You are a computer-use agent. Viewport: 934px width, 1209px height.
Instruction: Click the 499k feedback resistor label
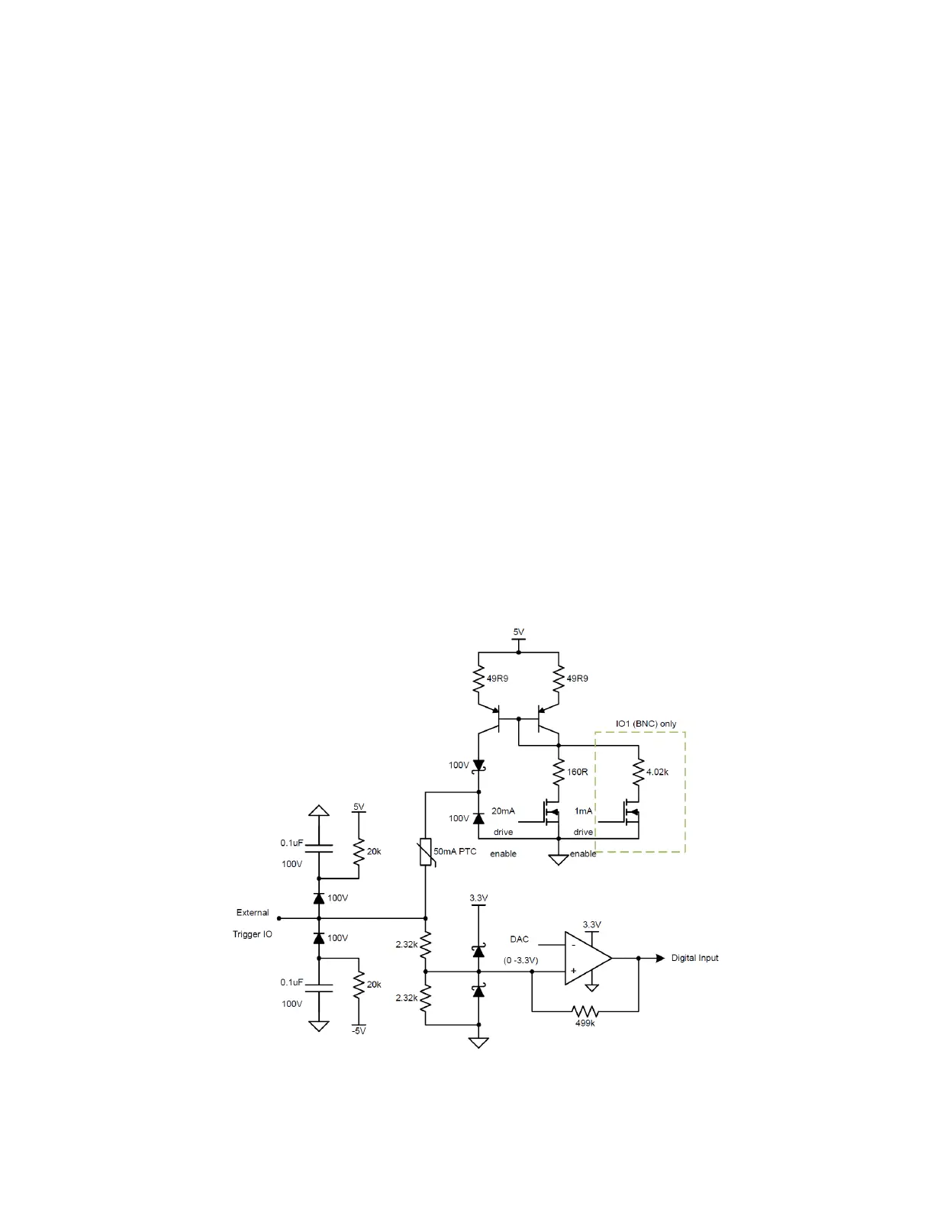[x=585, y=1023]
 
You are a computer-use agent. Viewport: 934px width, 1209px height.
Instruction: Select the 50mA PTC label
[x=455, y=851]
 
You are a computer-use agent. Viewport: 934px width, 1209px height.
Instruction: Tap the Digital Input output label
[x=694, y=958]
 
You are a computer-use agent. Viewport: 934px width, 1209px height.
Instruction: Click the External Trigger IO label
[x=253, y=923]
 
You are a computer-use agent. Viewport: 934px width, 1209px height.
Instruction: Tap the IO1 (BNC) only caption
[x=646, y=724]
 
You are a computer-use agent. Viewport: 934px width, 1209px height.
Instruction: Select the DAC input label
[x=519, y=939]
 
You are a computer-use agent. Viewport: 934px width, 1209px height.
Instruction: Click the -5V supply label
[x=359, y=1031]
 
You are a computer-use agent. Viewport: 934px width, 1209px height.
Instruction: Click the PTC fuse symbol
[x=425, y=853]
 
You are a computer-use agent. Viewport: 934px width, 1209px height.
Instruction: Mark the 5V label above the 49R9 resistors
[x=518, y=632]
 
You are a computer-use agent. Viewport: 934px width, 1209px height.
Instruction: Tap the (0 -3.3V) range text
[x=520, y=960]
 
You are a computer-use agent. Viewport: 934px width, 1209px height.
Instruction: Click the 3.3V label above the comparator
[x=591, y=924]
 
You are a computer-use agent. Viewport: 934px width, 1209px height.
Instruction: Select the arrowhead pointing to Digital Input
[x=660, y=958]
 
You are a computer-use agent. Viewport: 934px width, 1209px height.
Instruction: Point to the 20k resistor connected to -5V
[x=359, y=985]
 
